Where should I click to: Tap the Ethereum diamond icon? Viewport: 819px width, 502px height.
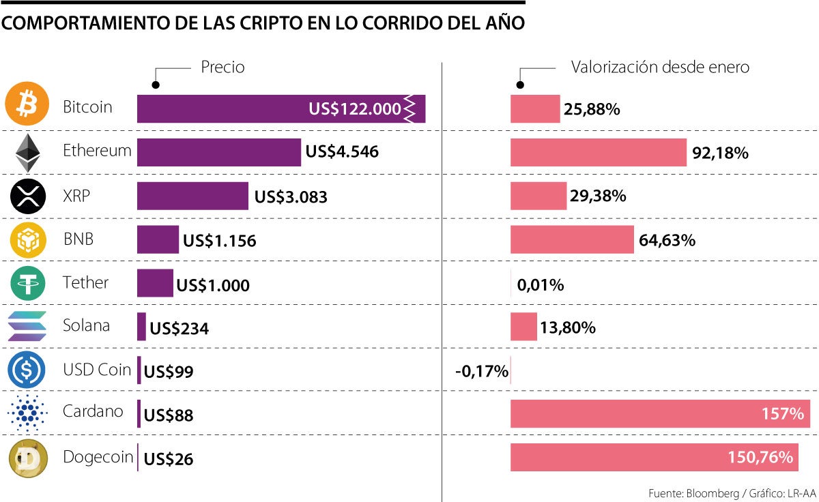(27, 152)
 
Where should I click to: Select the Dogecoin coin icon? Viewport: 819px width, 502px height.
(27, 458)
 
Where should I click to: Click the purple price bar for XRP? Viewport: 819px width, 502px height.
(192, 196)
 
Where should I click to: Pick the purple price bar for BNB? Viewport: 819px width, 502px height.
(158, 239)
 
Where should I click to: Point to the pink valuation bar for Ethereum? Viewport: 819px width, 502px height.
(598, 152)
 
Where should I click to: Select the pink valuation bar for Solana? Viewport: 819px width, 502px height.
(523, 327)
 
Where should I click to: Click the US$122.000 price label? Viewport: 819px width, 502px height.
(354, 109)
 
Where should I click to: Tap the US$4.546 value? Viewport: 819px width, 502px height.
(342, 152)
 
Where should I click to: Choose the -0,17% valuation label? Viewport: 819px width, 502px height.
(482, 372)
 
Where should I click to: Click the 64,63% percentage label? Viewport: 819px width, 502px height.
(667, 240)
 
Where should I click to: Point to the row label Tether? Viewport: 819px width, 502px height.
(85, 282)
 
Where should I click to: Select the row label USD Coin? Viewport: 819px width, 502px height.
(96, 370)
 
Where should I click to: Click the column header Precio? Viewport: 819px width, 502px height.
(222, 67)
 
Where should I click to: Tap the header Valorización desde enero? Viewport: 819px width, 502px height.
(660, 67)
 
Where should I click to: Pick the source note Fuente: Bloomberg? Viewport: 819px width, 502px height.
(689, 492)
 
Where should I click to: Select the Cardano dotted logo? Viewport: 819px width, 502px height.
(27, 414)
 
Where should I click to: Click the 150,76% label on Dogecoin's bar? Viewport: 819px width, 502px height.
(762, 458)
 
